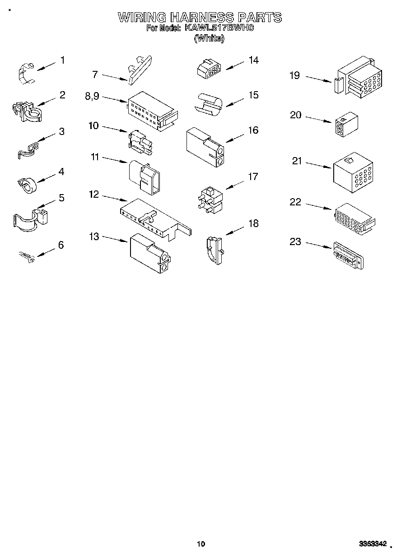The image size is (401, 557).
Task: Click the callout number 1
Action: click(x=62, y=60)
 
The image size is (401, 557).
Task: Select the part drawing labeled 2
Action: click(x=26, y=111)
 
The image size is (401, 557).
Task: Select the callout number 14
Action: click(x=254, y=60)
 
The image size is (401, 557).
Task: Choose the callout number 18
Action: click(x=254, y=223)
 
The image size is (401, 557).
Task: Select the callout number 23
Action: click(x=295, y=241)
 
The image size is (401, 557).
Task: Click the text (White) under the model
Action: click(x=209, y=38)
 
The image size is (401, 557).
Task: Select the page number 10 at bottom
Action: click(x=201, y=543)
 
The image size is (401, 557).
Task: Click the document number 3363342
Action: click(x=373, y=543)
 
